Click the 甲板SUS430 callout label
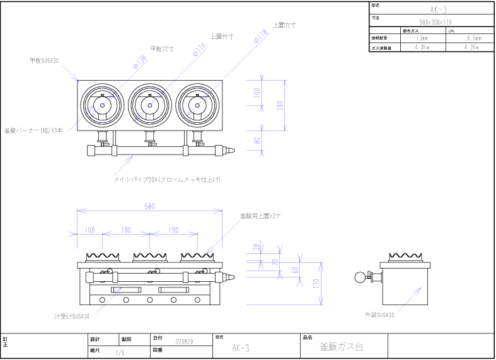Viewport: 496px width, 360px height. click(44, 61)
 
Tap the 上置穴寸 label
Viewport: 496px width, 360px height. click(284, 25)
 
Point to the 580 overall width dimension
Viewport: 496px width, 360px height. click(149, 206)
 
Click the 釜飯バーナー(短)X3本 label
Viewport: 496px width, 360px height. click(33, 131)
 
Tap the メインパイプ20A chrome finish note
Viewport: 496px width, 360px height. click(167, 180)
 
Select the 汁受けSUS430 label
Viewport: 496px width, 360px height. click(72, 316)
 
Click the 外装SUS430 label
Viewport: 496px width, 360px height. click(379, 314)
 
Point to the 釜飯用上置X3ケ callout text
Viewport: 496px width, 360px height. click(260, 216)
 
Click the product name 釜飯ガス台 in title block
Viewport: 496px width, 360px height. click(341, 347)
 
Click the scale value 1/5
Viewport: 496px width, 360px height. click(120, 353)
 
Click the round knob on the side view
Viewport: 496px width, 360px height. click(360, 276)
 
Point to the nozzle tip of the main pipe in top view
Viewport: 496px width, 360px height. click(231, 150)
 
